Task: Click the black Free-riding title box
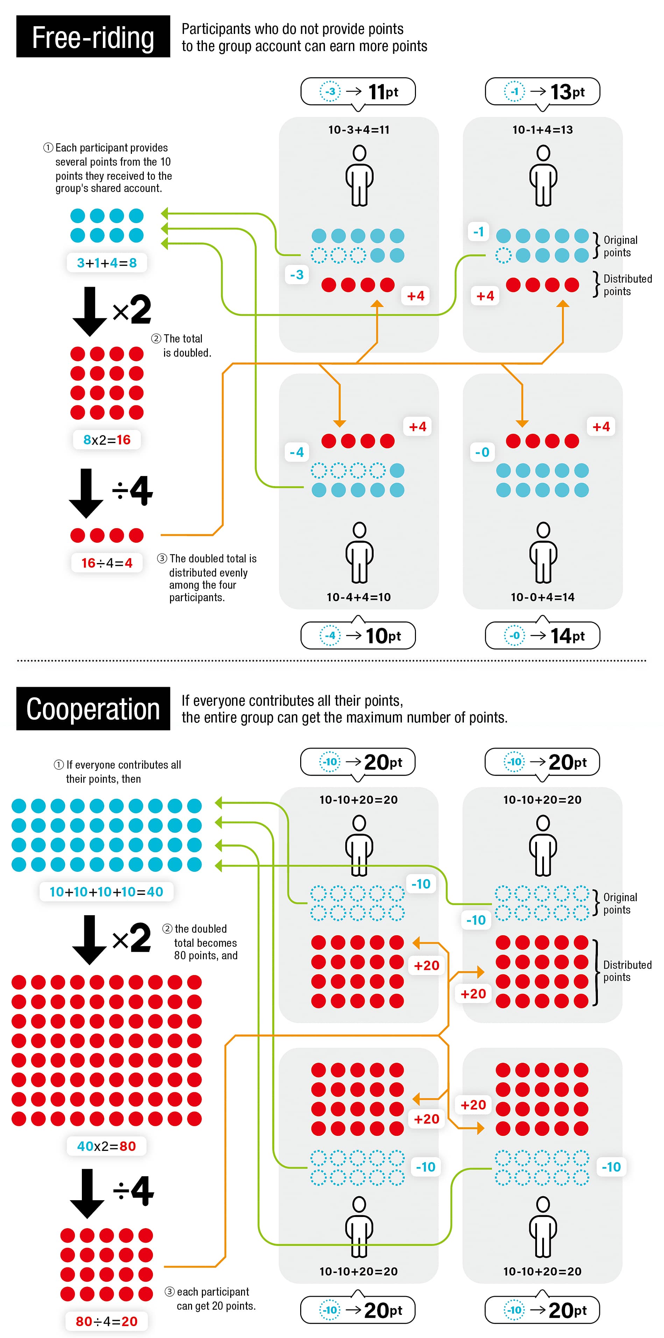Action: click(x=93, y=36)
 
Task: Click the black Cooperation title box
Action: click(x=93, y=709)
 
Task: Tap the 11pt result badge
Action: click(x=358, y=92)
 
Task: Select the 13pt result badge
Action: click(x=542, y=92)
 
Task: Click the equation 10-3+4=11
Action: click(x=359, y=130)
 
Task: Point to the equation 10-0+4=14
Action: click(x=542, y=597)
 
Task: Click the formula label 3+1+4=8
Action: click(x=106, y=263)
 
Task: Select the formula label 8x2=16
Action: click(x=106, y=440)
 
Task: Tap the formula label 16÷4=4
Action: click(x=106, y=563)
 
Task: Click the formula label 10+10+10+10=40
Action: click(x=106, y=892)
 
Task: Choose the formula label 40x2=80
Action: click(x=106, y=1146)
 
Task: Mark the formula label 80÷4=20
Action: click(x=106, y=1321)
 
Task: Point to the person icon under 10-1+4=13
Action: click(x=543, y=176)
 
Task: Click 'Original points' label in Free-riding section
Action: click(x=620, y=246)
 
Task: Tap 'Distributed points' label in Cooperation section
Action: click(x=627, y=971)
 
